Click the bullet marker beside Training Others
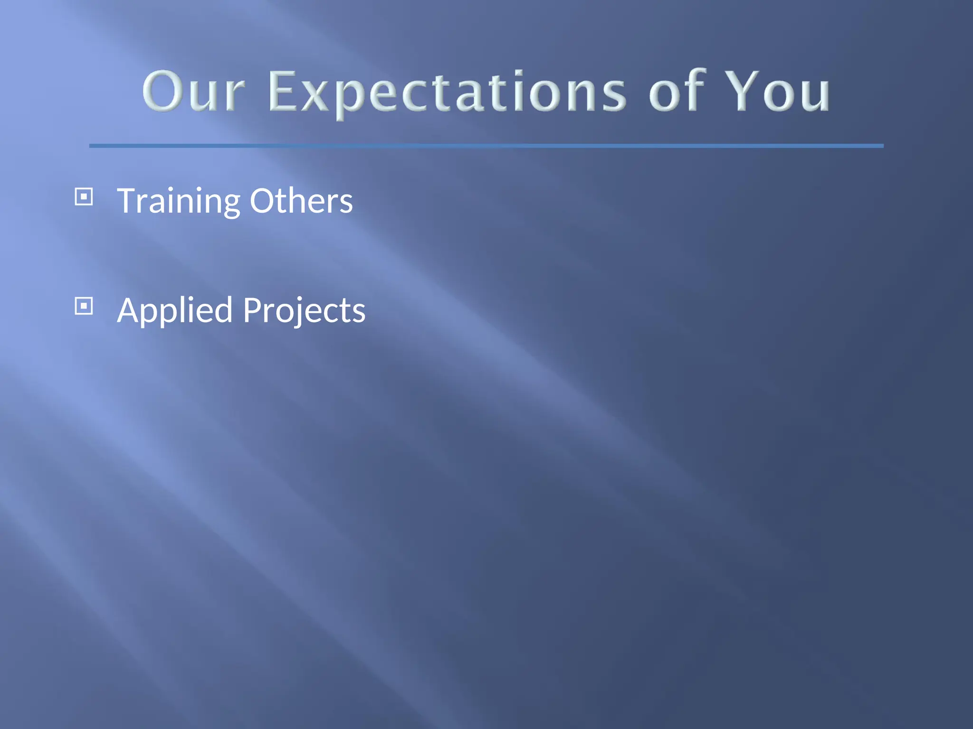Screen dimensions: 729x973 point(84,196)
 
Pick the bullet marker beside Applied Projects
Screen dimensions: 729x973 point(84,306)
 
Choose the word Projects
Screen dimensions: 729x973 point(304,311)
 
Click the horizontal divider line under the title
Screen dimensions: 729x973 point(486,146)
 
